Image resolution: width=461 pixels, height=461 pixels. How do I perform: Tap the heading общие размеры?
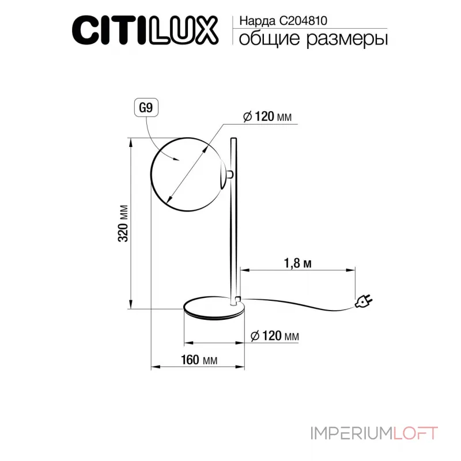coord(312,39)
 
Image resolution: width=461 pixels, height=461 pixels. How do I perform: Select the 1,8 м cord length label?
coord(298,263)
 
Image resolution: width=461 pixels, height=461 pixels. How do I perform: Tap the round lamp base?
coord(213,308)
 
